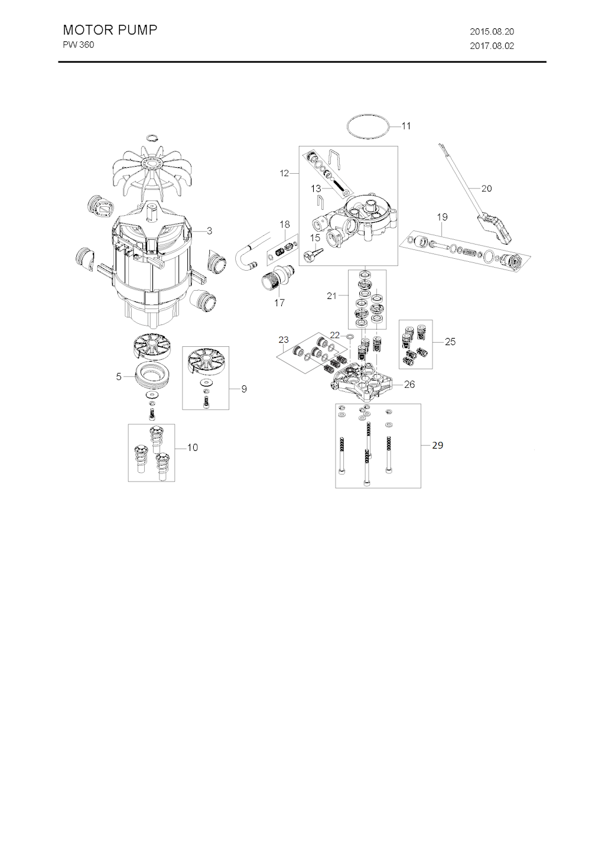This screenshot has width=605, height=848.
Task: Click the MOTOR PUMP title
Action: pyautogui.click(x=110, y=30)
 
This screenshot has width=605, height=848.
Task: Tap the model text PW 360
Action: pyautogui.click(x=79, y=45)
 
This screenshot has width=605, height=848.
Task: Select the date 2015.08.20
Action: pyautogui.click(x=492, y=32)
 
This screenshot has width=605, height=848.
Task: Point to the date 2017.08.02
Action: pyautogui.click(x=492, y=46)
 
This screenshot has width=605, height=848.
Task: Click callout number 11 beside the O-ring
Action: pyautogui.click(x=406, y=126)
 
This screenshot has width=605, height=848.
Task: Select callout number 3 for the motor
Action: pyautogui.click(x=209, y=231)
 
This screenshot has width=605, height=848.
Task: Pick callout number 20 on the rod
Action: pyautogui.click(x=486, y=189)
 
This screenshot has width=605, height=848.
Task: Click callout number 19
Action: pyautogui.click(x=442, y=217)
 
